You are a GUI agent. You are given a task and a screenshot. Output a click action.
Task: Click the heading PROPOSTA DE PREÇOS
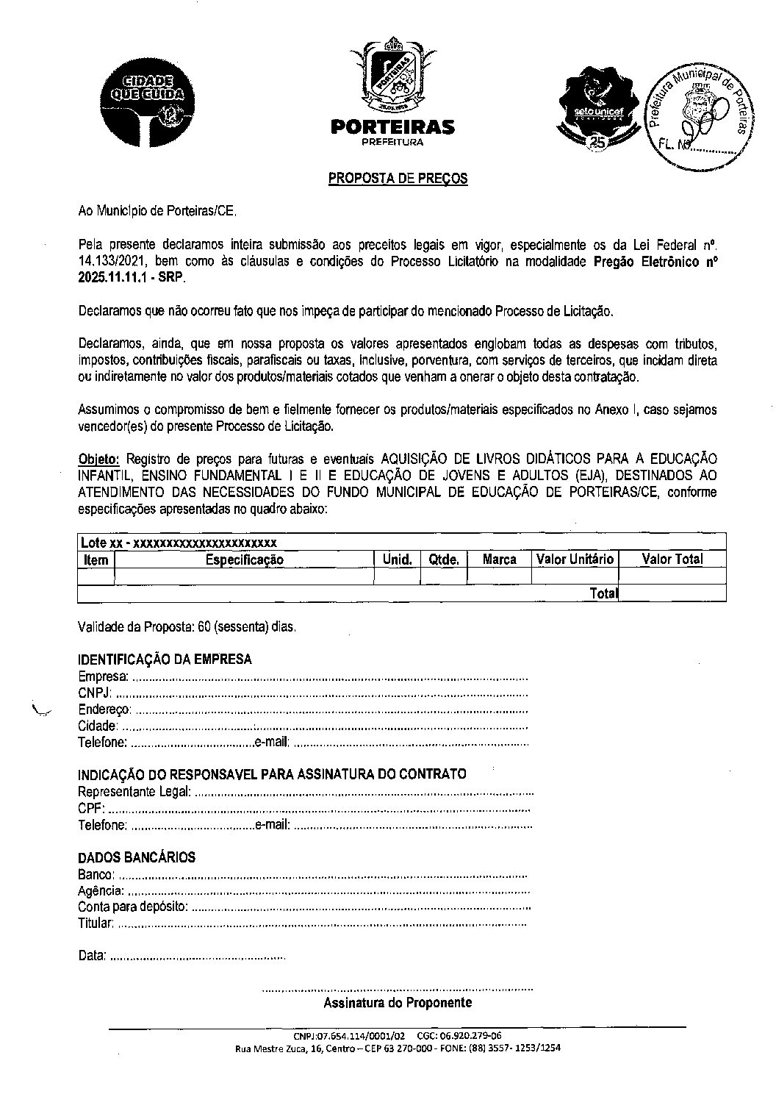pyautogui.click(x=397, y=178)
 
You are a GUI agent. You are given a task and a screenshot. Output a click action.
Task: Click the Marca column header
pyautogui.click(x=499, y=560)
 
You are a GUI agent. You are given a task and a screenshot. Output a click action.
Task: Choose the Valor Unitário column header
pyautogui.click(x=575, y=560)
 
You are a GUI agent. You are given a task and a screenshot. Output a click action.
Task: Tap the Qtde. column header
pyautogui.click(x=443, y=560)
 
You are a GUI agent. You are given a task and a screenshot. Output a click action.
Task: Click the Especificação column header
pyautogui.click(x=244, y=560)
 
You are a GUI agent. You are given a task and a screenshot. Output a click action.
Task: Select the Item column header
pyautogui.click(x=96, y=560)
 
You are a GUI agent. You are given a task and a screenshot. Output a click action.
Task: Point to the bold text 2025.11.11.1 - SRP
pyautogui.click(x=132, y=279)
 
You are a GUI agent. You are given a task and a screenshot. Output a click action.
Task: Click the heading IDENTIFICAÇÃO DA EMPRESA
pyautogui.click(x=165, y=660)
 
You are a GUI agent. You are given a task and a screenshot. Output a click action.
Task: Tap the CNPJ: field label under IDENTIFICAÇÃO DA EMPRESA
pyautogui.click(x=96, y=693)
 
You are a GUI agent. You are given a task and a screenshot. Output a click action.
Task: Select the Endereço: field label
pyautogui.click(x=104, y=710)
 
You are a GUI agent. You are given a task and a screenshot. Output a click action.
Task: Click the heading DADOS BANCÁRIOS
pyautogui.click(x=137, y=857)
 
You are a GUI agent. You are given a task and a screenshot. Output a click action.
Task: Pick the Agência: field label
pyautogui.click(x=101, y=890)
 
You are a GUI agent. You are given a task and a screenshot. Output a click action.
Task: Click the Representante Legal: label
pyautogui.click(x=134, y=792)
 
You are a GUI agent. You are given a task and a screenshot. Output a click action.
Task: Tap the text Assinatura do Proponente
pyautogui.click(x=398, y=1003)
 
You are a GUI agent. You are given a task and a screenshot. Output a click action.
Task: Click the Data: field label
pyautogui.click(x=92, y=956)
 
